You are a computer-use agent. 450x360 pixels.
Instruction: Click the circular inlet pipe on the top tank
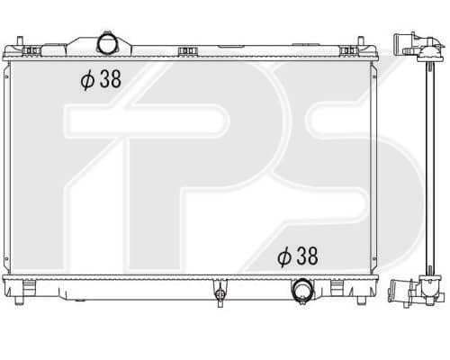click(x=107, y=44)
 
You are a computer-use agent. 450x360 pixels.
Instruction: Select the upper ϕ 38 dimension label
click(x=101, y=79)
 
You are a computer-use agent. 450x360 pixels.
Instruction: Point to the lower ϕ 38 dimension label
click(x=298, y=256)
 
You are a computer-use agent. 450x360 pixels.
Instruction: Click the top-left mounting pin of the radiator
click(x=20, y=41)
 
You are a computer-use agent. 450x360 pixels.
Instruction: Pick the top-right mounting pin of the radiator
click(x=361, y=41)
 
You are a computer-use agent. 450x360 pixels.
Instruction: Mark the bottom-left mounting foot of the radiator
click(x=19, y=300)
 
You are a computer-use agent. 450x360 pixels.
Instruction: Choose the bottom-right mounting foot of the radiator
click(x=361, y=300)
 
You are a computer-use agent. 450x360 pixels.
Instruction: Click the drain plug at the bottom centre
click(x=220, y=293)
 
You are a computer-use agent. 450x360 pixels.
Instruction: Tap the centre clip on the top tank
click(x=187, y=51)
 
